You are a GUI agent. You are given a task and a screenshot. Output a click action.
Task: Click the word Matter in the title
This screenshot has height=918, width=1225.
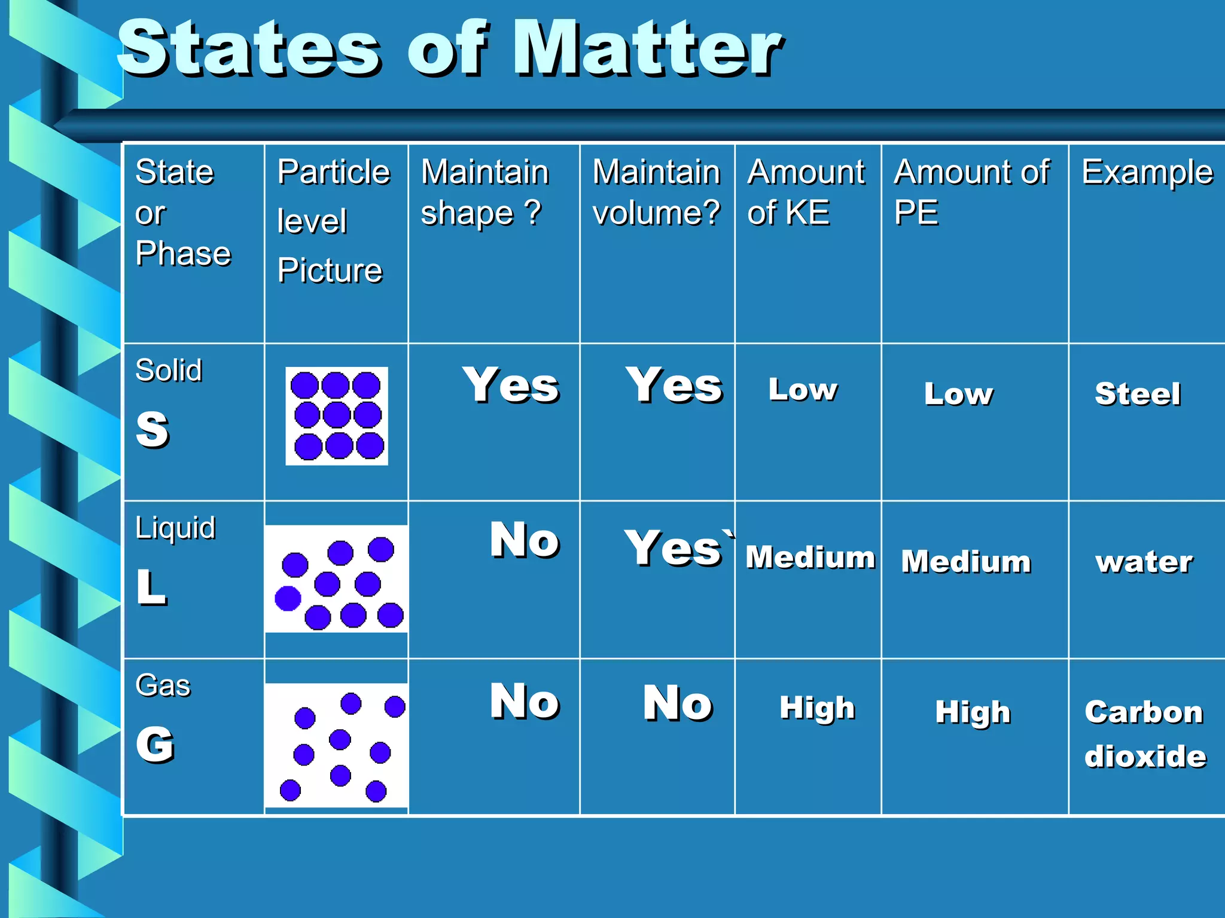click(x=648, y=49)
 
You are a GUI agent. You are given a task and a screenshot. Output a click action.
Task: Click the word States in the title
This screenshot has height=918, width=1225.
click(x=248, y=49)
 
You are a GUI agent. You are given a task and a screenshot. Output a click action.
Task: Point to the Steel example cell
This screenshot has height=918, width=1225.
click(x=1138, y=394)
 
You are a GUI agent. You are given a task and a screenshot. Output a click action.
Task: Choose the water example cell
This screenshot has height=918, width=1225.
click(x=1144, y=562)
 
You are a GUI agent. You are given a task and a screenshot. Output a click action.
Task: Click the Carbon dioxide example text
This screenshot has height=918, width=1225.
click(x=1144, y=734)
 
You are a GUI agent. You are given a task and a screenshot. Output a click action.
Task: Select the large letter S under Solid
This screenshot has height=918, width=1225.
click(x=153, y=429)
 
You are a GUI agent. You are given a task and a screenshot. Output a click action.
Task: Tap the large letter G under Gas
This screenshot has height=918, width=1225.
click(x=155, y=745)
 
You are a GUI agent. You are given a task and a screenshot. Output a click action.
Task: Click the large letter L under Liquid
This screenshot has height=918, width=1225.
click(x=151, y=587)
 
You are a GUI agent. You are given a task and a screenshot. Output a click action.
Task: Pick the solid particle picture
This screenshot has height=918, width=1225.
click(x=337, y=416)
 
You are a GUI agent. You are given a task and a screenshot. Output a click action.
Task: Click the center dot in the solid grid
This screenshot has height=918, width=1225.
click(x=337, y=415)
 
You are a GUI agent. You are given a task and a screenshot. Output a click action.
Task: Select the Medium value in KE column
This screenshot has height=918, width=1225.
click(x=810, y=557)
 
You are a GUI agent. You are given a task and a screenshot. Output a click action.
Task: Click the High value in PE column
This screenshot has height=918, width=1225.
click(x=973, y=712)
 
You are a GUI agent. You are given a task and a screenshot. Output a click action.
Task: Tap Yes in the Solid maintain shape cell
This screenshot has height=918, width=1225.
click(x=511, y=385)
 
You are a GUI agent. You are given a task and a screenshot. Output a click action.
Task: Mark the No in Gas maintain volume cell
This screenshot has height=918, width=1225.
click(x=677, y=703)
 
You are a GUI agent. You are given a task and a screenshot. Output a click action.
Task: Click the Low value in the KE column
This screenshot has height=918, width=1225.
click(x=803, y=390)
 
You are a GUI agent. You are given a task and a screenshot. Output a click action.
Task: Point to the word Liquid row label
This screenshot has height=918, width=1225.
click(x=175, y=528)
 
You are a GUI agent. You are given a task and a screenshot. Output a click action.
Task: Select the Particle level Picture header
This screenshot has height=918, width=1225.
click(x=334, y=221)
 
